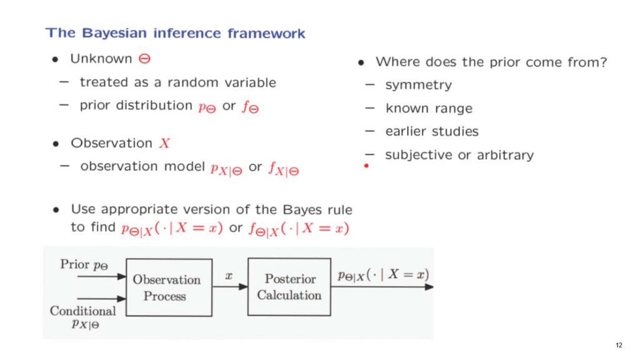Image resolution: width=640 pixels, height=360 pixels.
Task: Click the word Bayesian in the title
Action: [114, 33]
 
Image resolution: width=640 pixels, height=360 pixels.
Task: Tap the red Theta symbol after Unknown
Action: [144, 59]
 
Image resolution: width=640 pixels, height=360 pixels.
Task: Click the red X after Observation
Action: [164, 143]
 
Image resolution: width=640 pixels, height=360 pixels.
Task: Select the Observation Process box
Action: [169, 287]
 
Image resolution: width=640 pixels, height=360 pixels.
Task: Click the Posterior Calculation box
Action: [289, 287]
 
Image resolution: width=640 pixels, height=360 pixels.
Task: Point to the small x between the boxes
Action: [229, 276]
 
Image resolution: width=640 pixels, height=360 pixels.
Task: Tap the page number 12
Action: [619, 345]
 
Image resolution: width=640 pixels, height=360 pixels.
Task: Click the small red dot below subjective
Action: [366, 166]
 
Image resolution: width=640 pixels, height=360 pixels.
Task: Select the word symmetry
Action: [418, 85]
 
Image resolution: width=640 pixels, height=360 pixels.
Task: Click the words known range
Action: [429, 108]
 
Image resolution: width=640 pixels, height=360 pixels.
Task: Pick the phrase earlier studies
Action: [432, 131]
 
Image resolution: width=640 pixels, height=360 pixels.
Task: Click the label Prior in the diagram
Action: [75, 264]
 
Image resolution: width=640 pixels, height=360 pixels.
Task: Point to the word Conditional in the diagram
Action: [83, 311]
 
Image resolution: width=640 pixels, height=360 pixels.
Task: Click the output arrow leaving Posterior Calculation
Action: [382, 287]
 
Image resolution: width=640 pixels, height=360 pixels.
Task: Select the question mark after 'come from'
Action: [603, 62]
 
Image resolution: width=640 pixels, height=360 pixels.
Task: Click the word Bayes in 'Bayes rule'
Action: [303, 209]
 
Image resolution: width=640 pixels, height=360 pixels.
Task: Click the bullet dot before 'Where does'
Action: [361, 62]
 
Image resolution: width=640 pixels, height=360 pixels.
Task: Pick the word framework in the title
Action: [266, 33]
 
